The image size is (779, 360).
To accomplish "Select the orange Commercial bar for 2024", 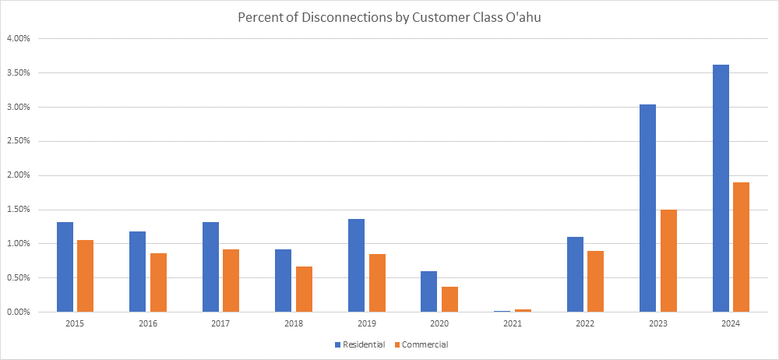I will (741, 247).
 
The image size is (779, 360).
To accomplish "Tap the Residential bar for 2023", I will (647, 208).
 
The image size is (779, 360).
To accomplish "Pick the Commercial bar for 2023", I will (668, 261).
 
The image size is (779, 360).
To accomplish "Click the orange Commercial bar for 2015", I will (85, 276).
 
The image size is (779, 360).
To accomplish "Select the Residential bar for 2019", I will (356, 265).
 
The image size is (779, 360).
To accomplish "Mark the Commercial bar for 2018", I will (304, 289).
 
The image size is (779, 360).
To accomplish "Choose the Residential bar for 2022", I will (575, 274).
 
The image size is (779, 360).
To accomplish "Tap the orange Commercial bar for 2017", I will (231, 281).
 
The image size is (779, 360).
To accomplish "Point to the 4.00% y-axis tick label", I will (19, 39).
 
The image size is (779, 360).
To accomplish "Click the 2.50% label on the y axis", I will (19, 141).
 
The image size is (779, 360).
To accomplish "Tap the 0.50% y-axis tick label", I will (19, 278).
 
